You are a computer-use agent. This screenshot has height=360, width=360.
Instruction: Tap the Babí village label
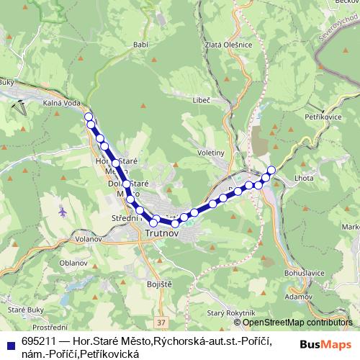[x=140, y=43]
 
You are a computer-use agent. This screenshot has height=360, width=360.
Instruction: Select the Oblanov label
[x=74, y=263]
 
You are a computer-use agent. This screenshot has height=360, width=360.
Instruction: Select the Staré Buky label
[x=25, y=310]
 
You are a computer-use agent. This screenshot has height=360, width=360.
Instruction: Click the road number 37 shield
[x=160, y=323]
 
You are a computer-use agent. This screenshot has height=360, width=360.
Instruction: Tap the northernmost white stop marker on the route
[x=89, y=116]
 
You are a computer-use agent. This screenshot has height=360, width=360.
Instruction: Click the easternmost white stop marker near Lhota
[x=271, y=170]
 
